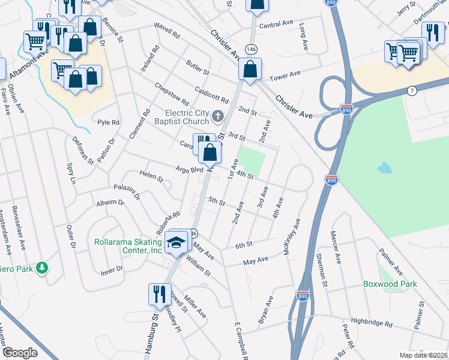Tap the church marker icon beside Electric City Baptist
tap(218, 115)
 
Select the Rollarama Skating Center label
tap(129, 247)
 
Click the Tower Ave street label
tap(285, 76)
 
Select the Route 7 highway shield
tap(411, 91)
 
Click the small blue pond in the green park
tap(384, 168)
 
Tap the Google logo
tap(20, 352)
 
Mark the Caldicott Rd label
tap(212, 95)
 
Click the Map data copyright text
tap(424, 355)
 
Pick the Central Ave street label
tap(276, 25)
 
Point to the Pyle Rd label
tap(109, 122)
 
